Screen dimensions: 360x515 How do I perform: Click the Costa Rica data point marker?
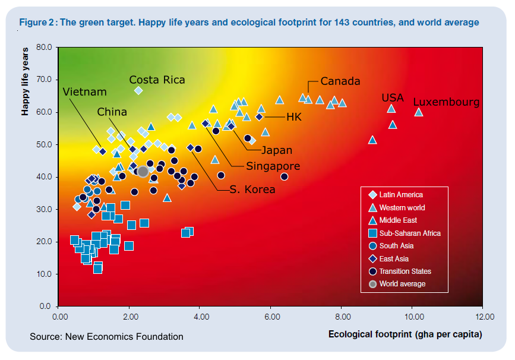click(138, 90)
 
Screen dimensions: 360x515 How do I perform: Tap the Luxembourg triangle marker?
click(418, 112)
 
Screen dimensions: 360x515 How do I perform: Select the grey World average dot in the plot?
click(143, 172)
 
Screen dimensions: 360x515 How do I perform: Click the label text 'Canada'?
click(340, 81)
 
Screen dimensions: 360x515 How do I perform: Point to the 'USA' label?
click(393, 97)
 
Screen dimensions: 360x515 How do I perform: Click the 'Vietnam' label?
click(84, 92)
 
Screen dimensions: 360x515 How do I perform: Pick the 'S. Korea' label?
click(252, 190)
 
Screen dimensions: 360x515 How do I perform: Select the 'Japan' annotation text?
click(277, 150)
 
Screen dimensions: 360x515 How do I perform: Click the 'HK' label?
click(294, 117)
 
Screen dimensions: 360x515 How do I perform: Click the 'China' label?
click(112, 112)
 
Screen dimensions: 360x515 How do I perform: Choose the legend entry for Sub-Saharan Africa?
click(410, 233)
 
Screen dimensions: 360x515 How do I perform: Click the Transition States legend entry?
click(405, 271)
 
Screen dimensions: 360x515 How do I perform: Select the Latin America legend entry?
click(401, 194)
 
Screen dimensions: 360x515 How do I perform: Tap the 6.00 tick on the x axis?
click(271, 316)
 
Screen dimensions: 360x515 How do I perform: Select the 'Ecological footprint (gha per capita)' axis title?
click(405, 334)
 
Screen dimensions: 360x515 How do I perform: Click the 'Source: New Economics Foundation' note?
click(106, 337)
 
